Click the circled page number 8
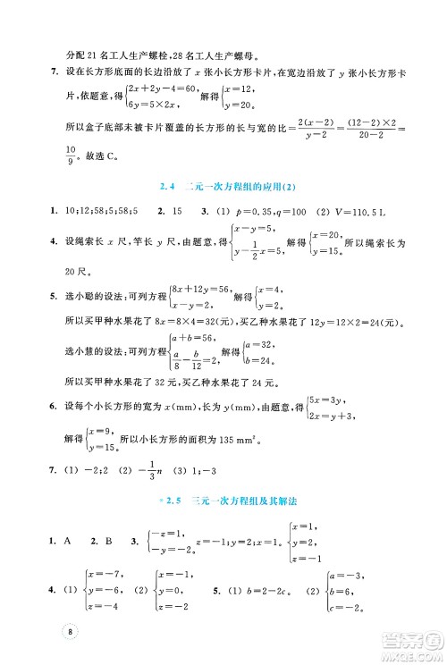(x=71, y=630)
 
